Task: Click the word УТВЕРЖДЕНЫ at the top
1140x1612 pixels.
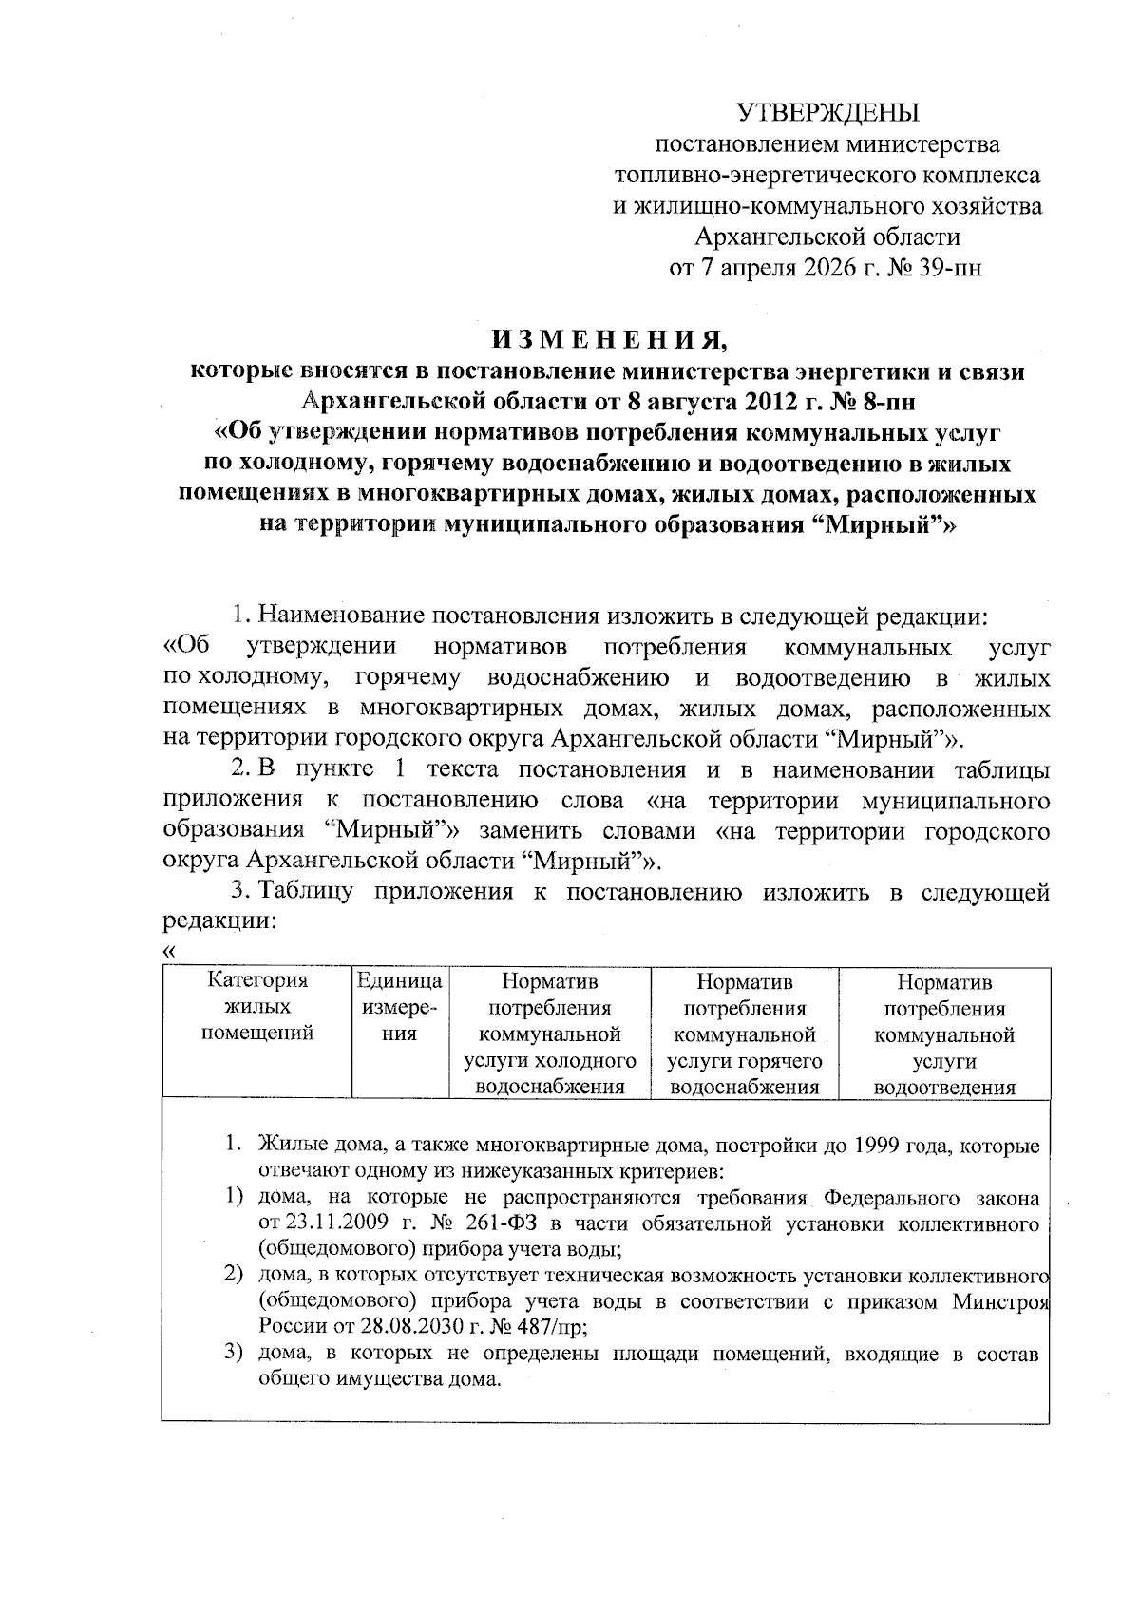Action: click(830, 114)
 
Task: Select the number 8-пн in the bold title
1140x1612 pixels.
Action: click(886, 401)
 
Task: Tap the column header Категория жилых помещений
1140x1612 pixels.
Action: click(257, 1008)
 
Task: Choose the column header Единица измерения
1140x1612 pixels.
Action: click(399, 1008)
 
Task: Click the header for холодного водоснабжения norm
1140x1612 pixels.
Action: click(549, 1034)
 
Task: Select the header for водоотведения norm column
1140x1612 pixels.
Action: click(944, 1034)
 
